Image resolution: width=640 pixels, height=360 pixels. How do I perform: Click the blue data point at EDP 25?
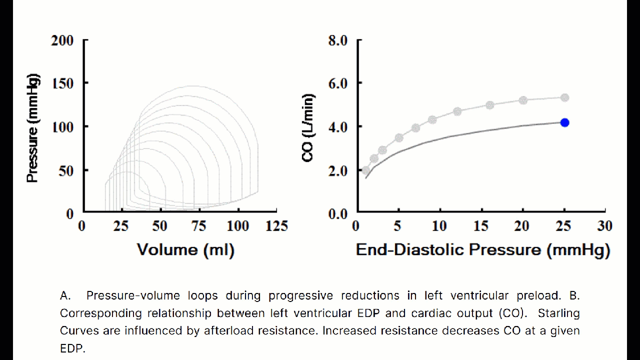coord(564,122)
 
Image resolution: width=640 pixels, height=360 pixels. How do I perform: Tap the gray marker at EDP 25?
coord(564,97)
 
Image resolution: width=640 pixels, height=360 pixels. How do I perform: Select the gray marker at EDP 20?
coord(523,100)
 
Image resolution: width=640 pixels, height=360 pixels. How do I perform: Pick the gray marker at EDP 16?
coord(490,105)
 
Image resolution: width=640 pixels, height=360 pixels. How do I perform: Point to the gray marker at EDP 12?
coord(457,111)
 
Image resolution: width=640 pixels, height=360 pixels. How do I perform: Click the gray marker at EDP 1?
coord(366,170)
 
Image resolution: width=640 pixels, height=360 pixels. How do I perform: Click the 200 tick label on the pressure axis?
coord(62,40)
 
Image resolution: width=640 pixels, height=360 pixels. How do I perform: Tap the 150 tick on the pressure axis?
coord(62,83)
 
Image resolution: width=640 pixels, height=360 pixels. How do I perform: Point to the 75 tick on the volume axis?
coord(198,226)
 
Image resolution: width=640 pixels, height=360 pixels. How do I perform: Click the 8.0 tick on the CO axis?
coord(337,40)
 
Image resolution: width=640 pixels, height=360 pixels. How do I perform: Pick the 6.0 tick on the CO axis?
coord(337,83)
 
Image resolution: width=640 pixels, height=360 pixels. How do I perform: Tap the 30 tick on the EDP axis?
coord(605,226)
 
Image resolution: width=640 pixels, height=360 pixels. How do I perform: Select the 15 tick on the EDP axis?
coord(480,226)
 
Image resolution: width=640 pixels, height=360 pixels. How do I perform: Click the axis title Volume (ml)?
coord(185,249)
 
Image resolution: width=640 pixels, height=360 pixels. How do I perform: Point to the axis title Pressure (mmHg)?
coord(33,128)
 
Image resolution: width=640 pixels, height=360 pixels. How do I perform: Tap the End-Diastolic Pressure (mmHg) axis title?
coord(482,249)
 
